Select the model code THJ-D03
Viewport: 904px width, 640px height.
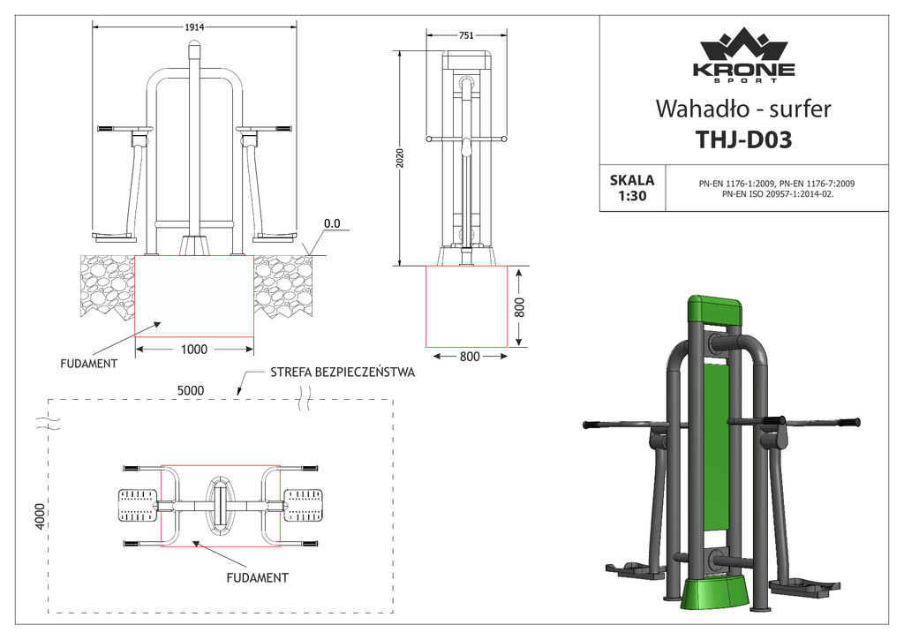point(743,139)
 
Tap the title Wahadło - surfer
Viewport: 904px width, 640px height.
point(743,109)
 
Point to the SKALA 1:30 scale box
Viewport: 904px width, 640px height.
point(632,188)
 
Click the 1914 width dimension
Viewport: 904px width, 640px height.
point(194,27)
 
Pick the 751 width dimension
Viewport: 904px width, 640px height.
point(466,35)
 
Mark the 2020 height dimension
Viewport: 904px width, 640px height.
point(400,158)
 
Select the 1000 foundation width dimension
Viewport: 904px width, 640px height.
point(194,350)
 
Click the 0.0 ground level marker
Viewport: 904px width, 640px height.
point(332,223)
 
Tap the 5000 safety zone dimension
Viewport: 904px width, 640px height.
point(191,390)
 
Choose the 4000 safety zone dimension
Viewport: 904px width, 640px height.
point(39,516)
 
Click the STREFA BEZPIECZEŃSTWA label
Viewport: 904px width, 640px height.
point(343,372)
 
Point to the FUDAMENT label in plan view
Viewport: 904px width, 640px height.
point(257,577)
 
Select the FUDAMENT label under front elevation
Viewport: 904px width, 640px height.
point(89,364)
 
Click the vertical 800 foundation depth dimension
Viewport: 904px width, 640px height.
point(519,307)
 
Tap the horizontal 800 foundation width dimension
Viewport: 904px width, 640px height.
point(470,357)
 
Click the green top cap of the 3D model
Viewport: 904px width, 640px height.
point(715,310)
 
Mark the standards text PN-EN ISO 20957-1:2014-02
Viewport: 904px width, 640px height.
point(778,194)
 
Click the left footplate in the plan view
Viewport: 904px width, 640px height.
point(138,505)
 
